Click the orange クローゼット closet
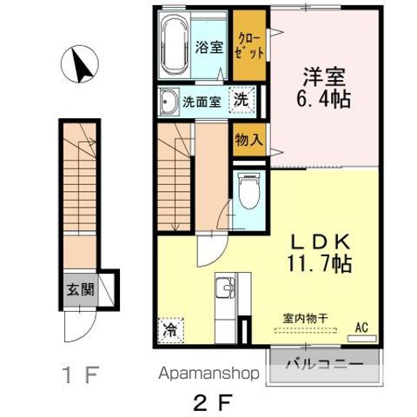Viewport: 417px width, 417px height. coord(250,46)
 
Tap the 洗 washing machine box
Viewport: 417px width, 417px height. coord(242,100)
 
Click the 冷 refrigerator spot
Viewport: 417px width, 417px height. coord(170,330)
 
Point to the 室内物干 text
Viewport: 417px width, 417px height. coord(305,319)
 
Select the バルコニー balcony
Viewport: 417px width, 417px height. coord(325,364)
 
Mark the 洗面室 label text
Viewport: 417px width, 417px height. coord(201,102)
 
